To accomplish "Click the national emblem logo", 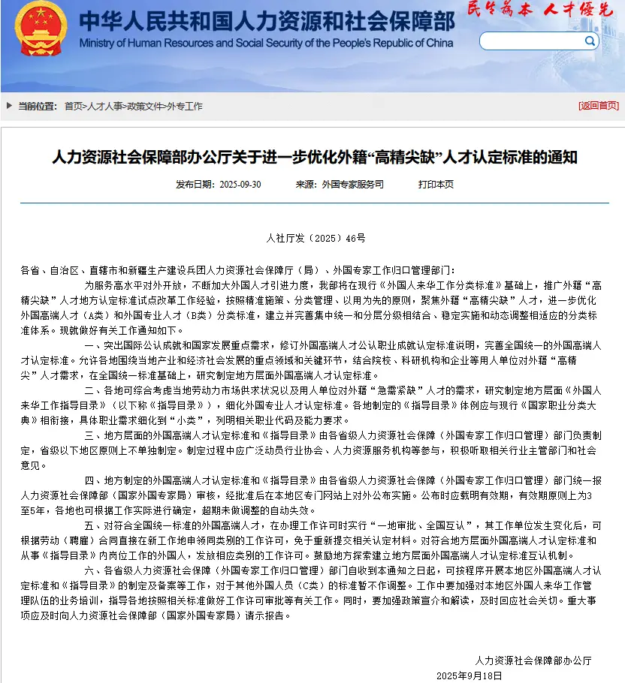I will coord(41,26).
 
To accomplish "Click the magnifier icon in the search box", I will coord(590,41).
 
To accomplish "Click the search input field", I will coord(530,41).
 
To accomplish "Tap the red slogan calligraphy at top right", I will coord(539,10).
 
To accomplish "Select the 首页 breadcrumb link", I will coord(74,106).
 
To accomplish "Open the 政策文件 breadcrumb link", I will coord(145,106).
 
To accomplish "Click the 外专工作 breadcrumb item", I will coord(185,106).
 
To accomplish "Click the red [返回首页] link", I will coord(598,106).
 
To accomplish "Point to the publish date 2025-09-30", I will coord(240,184).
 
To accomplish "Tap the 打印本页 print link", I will coord(436,184).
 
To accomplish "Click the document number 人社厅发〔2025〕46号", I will coord(316,238).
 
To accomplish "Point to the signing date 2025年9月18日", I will coord(469,675).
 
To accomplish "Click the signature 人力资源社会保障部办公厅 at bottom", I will coord(533,660).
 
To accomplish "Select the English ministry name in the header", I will coord(266,44).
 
